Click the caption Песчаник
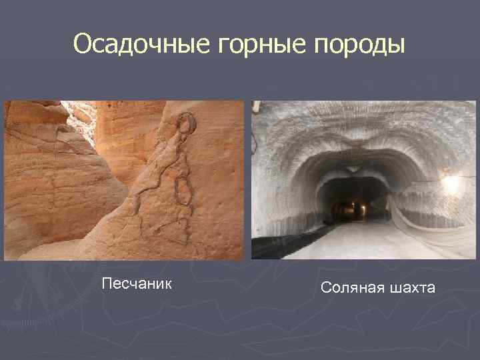(137, 285)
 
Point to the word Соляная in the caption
(351, 288)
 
